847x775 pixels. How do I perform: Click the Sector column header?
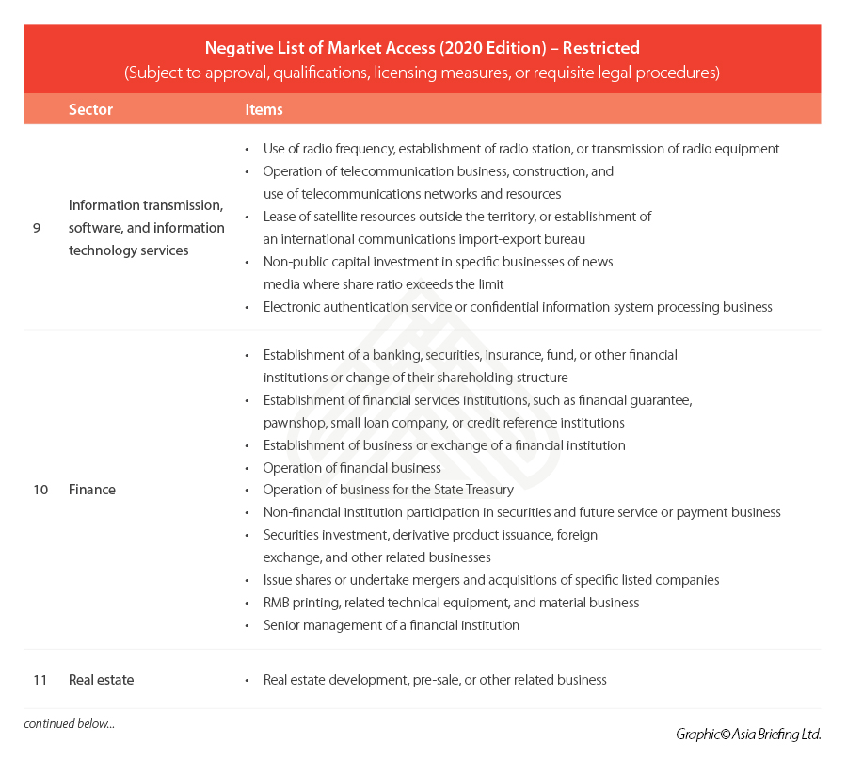90,109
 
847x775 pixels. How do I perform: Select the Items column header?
264,109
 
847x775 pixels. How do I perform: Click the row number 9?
37,228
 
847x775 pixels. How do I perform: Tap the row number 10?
40,490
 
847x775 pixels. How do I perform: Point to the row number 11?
40,680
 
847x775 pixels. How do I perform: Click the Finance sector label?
92,490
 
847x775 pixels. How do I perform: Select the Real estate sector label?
101,680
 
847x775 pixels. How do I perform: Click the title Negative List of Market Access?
422,48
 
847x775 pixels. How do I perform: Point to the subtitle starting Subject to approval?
422,73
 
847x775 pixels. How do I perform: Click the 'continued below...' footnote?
69,723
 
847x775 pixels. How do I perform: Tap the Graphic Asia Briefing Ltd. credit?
747,734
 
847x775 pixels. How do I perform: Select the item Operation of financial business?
352,468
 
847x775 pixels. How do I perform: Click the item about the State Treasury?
388,490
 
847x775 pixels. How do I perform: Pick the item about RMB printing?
451,603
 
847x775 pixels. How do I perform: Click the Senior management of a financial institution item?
391,625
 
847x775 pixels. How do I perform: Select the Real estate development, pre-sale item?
435,680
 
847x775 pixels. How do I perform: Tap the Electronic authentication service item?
518,307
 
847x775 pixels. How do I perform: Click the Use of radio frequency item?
520,149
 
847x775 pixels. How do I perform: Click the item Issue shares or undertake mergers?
490,580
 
